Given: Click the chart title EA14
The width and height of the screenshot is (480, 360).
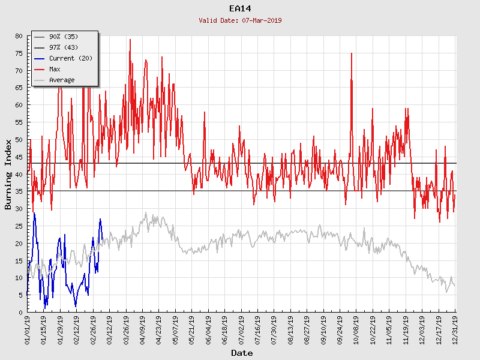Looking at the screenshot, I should (241, 8).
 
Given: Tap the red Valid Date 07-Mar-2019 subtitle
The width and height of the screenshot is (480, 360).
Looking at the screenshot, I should (241, 20).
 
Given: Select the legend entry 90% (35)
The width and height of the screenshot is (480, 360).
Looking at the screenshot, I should (63, 37).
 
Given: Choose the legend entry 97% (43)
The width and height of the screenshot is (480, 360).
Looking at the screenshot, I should (63, 48).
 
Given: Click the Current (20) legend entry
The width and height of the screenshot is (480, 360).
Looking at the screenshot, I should (70, 59).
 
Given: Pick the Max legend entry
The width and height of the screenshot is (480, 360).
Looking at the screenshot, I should (55, 70).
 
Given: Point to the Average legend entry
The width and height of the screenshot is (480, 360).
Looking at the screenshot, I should (62, 80).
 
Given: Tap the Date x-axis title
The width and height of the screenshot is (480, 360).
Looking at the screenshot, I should (242, 353).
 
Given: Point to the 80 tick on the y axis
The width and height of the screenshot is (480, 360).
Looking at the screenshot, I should (19, 36).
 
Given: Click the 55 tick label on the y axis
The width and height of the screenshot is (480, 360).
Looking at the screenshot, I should (19, 122).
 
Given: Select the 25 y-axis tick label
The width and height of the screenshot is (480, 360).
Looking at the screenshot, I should (19, 226).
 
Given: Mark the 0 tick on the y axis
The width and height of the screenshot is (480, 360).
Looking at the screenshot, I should (20, 313).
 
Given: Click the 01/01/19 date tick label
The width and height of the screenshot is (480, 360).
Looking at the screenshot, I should (28, 330).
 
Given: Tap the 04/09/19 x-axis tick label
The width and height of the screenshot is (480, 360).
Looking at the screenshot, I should (143, 330).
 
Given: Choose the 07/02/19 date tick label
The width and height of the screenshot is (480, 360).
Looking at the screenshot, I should (241, 330).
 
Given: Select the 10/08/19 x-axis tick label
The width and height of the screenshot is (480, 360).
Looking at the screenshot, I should (356, 330).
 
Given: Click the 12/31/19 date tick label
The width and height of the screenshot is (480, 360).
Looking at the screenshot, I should (455, 330).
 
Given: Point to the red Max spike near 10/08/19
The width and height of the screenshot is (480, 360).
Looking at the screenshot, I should (352, 54).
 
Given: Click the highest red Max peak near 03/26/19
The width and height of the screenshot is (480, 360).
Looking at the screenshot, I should (130, 40).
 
